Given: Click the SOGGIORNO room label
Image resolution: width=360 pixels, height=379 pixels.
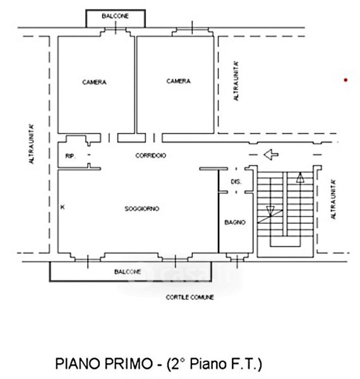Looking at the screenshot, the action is pyautogui.click(x=142, y=208).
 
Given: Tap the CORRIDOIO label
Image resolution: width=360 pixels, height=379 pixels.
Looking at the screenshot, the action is pyautogui.click(x=151, y=155).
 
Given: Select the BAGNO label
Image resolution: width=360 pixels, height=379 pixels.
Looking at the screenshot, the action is pyautogui.click(x=235, y=222).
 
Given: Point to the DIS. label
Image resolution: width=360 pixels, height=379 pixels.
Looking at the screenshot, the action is pyautogui.click(x=236, y=182).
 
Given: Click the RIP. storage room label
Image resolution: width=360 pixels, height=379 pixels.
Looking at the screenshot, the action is pyautogui.click(x=71, y=156).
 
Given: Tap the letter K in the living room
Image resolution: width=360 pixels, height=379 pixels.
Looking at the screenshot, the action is pyautogui.click(x=63, y=207).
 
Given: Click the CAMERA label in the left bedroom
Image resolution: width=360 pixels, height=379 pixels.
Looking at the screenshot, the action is pyautogui.click(x=94, y=82).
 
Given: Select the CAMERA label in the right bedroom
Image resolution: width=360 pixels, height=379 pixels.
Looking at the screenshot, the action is pyautogui.click(x=178, y=81).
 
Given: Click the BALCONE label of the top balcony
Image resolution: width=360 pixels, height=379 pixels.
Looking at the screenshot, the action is pyautogui.click(x=115, y=16).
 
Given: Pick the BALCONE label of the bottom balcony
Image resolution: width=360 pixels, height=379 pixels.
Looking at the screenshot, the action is pyautogui.click(x=128, y=272).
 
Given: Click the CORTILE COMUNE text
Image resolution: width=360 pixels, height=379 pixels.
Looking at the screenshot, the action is pyautogui.click(x=189, y=297).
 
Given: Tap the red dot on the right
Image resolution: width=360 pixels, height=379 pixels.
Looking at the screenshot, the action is pyautogui.click(x=345, y=80).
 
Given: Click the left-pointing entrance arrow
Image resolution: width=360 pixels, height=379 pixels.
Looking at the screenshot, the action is pyautogui.click(x=271, y=155).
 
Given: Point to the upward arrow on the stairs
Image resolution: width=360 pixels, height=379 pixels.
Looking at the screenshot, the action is pyautogui.click(x=300, y=177).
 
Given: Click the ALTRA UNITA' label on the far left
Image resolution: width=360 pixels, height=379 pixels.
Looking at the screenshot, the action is pyautogui.click(x=32, y=144).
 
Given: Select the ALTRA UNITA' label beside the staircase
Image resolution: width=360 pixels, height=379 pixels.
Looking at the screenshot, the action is pyautogui.click(x=333, y=200).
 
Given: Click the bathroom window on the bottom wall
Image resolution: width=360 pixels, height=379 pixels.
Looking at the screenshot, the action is pyautogui.click(x=237, y=259).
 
